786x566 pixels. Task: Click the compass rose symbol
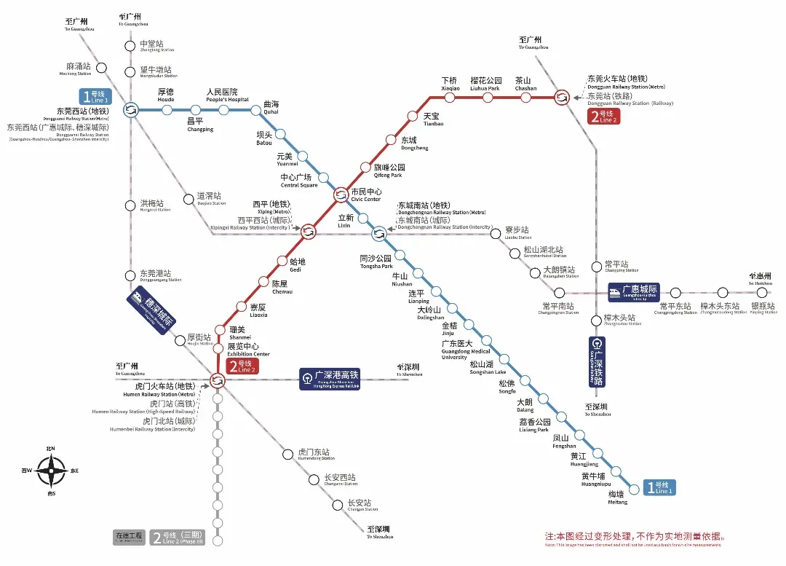[x=52, y=471]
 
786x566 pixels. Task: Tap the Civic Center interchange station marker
[x=341, y=194]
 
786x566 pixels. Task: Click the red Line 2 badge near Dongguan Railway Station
[x=604, y=117]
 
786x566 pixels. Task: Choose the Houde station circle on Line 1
[x=167, y=110]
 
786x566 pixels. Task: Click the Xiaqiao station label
[x=450, y=84]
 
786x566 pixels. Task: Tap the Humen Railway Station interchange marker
[x=217, y=380]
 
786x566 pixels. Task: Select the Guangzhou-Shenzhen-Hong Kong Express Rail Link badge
[x=330, y=378]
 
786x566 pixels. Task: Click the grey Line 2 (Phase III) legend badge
[x=178, y=538]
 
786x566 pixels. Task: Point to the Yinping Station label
[x=763, y=308]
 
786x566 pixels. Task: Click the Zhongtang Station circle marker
[x=131, y=46]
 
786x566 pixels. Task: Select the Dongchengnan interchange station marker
[x=379, y=233]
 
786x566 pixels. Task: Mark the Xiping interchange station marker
[x=309, y=231]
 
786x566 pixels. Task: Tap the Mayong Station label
[x=78, y=69]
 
